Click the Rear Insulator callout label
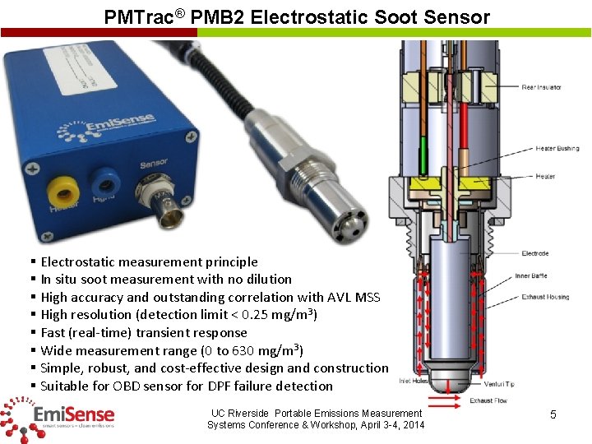coord(541,87)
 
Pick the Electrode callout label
coord(534,254)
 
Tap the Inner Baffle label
coord(531,276)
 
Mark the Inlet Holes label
coord(414,381)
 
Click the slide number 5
coord(553,415)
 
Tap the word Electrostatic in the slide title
coord(300,17)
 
